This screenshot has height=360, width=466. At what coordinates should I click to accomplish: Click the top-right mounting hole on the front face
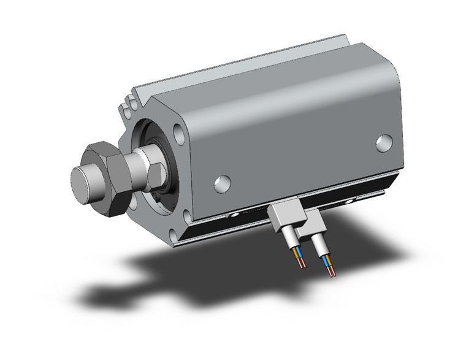178,131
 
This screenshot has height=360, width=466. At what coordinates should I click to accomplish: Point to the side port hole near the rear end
384,142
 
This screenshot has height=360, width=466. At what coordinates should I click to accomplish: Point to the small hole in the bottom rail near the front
236,216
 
